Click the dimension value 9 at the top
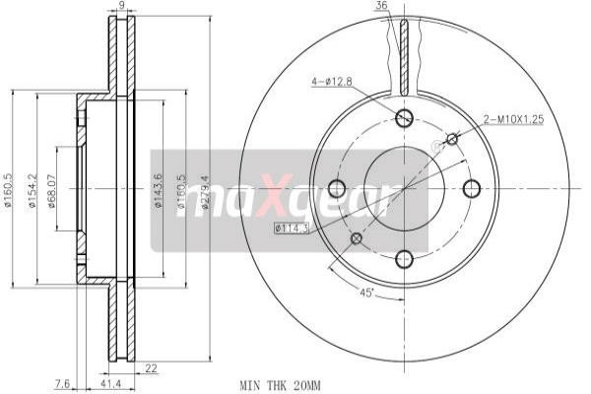(121, 7)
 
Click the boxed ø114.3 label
(293, 229)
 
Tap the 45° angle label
(367, 292)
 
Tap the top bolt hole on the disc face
(403, 118)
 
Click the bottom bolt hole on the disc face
(403, 259)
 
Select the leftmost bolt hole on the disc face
(334, 189)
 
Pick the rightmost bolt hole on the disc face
(472, 189)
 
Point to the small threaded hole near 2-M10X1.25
(452, 139)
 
